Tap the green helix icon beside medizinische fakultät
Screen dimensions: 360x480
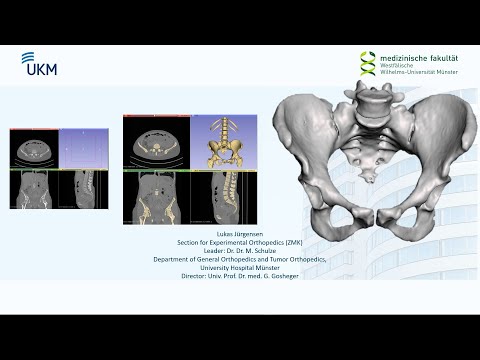[x=368, y=63]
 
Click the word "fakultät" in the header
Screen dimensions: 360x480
[x=439, y=56]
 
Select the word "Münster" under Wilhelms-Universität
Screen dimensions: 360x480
[x=442, y=72]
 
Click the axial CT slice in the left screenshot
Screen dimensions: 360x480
[x=34, y=149]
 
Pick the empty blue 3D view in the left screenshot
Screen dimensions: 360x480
[x=82, y=149]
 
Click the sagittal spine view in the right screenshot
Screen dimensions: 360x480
[x=229, y=196]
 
